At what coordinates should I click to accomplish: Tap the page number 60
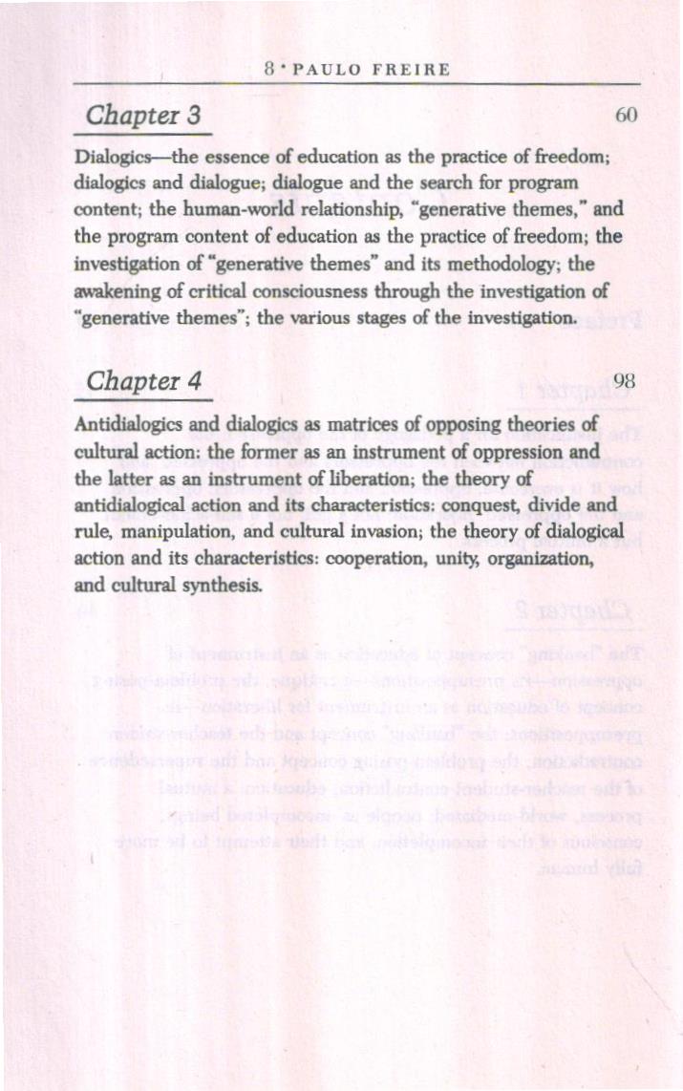(x=626, y=117)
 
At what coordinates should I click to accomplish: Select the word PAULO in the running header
(x=324, y=69)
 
